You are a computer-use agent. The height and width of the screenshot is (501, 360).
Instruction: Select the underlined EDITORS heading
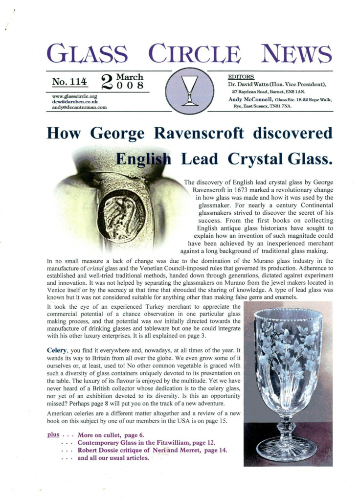pyautogui.click(x=241, y=77)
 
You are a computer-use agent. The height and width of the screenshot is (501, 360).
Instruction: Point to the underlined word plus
pyautogui.click(x=53, y=434)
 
